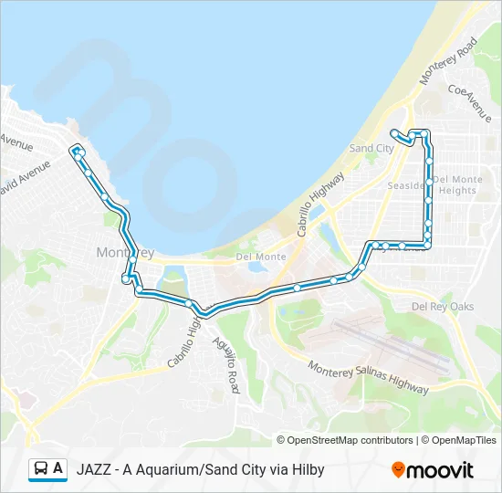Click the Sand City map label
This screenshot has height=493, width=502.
click(371, 148)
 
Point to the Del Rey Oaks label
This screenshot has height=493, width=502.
click(443, 307)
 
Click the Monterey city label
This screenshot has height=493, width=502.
click(124, 252)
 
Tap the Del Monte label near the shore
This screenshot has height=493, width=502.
click(260, 257)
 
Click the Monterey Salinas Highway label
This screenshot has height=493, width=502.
click(368, 377)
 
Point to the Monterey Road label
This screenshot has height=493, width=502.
click(448, 61)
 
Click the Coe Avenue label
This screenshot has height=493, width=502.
click(470, 103)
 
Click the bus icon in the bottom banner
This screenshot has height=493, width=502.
click(41, 469)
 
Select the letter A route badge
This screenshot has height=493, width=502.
click(58, 469)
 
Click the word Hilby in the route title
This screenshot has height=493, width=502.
click(307, 470)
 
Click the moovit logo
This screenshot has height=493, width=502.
click(433, 470)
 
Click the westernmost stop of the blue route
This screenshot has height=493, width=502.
click(75, 150)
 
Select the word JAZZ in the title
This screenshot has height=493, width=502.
click(95, 470)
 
